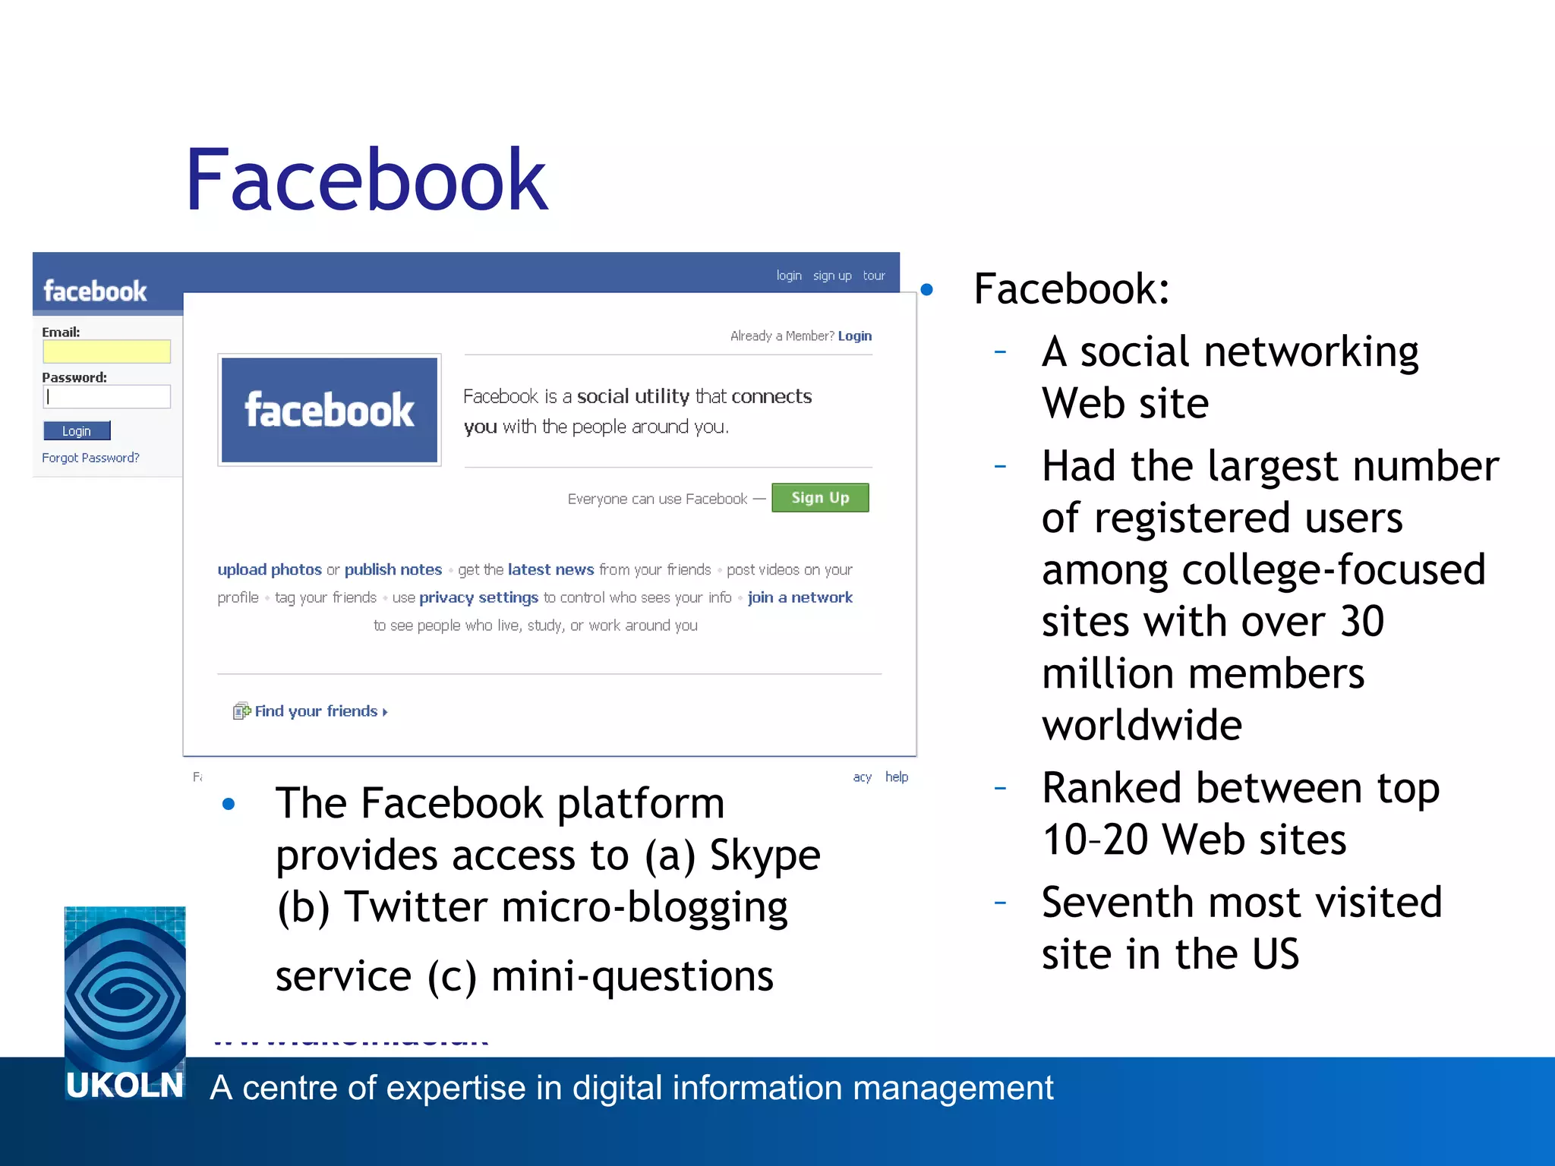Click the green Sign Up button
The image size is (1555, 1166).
point(820,498)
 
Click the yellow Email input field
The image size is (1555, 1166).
point(106,351)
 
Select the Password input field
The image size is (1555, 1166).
point(106,396)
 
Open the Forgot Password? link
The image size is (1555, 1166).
point(90,458)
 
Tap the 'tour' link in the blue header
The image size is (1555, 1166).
point(874,276)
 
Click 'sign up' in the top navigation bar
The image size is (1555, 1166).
point(832,276)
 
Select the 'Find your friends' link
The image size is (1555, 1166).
point(316,711)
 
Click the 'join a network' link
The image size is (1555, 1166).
point(800,597)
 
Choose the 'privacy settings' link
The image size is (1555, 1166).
point(478,597)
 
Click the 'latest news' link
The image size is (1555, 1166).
point(550,569)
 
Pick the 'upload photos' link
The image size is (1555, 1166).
point(270,569)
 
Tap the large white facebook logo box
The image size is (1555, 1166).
point(330,410)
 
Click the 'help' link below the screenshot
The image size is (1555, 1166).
point(897,777)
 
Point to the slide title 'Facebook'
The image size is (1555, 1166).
point(366,180)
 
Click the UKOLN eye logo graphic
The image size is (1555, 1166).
point(125,987)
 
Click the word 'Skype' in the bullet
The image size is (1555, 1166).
point(765,856)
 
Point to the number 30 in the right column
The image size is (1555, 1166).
point(1362,622)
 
